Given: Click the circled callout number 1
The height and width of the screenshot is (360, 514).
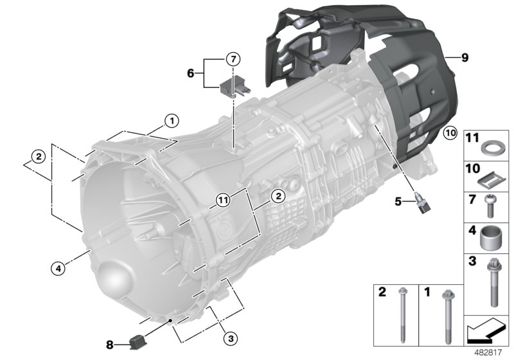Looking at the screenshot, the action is click(172, 121).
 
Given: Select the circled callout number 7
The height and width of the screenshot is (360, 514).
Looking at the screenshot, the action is click(233, 59).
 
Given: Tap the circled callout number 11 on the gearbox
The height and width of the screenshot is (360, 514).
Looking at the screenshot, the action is click(223, 200).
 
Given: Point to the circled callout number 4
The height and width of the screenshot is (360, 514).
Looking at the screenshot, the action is click(58, 269).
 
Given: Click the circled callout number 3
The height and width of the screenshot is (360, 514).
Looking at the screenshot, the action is click(231, 338).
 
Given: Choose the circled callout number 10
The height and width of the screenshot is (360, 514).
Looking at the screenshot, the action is click(450, 133).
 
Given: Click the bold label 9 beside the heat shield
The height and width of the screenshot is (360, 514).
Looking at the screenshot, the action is click(465, 58).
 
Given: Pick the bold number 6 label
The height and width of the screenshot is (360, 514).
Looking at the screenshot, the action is click(190, 73).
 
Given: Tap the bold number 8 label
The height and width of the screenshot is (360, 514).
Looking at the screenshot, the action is click(110, 345).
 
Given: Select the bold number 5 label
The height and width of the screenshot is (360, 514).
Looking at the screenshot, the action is click(398, 201).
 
